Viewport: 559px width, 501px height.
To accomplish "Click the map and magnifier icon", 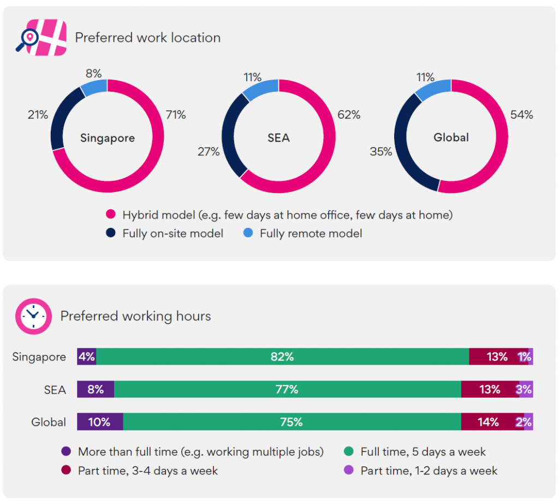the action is (x=41, y=38).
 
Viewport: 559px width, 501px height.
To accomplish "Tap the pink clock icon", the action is (x=33, y=316).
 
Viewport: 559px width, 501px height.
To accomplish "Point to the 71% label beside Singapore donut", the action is (x=176, y=114).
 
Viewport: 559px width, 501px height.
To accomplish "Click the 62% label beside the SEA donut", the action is (x=349, y=114).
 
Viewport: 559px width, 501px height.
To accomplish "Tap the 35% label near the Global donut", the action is (x=380, y=152).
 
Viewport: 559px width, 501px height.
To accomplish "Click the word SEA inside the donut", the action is (x=279, y=138).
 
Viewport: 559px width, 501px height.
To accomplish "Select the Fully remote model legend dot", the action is (x=248, y=233).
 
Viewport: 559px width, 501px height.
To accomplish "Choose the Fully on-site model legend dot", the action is (x=111, y=233).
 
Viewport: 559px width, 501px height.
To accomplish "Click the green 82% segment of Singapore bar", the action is (x=282, y=357).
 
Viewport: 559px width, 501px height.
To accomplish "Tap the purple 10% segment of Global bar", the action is (x=100, y=422).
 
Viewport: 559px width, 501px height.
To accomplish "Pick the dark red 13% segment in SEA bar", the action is (x=490, y=389).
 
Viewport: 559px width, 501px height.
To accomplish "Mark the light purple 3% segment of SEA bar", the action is (x=526, y=389).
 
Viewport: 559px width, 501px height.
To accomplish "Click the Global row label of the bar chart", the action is (x=49, y=422).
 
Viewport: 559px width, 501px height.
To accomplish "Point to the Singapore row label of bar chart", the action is (x=39, y=357).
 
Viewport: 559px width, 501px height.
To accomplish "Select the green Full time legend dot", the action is (x=349, y=451).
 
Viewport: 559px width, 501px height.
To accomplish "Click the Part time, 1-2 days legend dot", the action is (x=349, y=470).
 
